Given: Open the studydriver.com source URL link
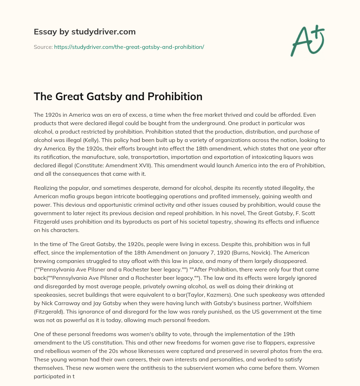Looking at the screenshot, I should coord(129,47).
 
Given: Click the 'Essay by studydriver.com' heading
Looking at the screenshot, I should coord(84,32).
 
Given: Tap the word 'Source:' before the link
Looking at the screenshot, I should coord(43,47).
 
